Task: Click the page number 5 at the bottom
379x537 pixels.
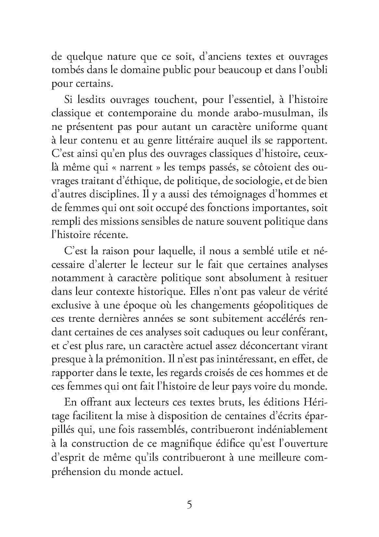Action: click(x=189, y=506)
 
